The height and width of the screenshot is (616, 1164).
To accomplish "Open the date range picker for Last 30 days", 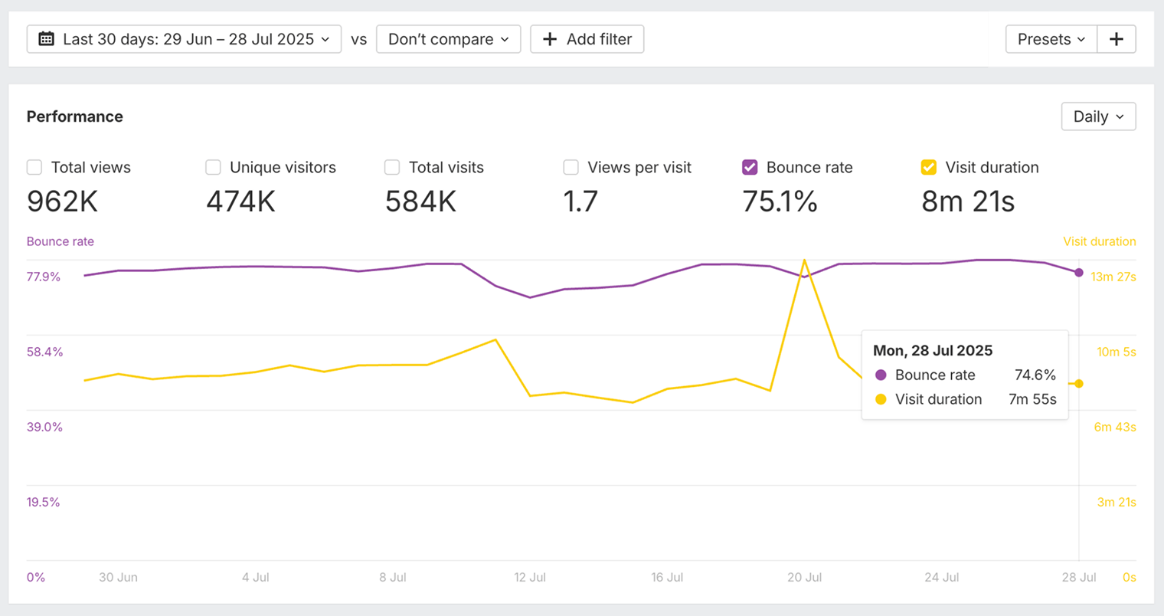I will tap(184, 39).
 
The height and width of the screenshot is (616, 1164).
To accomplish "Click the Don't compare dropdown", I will tap(448, 39).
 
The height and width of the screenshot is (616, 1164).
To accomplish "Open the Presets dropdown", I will tap(1051, 39).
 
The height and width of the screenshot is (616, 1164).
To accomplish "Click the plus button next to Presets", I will tap(1116, 39).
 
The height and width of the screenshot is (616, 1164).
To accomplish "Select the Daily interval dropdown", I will tap(1098, 116).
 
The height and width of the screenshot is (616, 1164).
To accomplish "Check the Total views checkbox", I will tap(34, 167).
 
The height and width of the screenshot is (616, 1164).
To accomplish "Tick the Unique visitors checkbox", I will tap(213, 167).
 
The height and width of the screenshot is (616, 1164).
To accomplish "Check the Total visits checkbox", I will tap(392, 167).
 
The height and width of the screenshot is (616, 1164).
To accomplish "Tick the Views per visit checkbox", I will tap(571, 167).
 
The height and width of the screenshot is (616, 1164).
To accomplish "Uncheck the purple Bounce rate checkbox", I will tap(750, 167).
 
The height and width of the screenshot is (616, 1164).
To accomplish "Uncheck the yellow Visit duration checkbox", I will tap(928, 167).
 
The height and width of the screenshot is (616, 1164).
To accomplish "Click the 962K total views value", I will tap(62, 202).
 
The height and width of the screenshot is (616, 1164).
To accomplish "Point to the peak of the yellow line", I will tap(804, 260).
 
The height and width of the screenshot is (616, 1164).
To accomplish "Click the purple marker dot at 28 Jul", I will tap(1079, 273).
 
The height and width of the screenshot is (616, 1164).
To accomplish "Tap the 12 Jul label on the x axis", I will tap(530, 577).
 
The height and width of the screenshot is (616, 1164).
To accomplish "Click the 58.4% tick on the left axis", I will tap(44, 352).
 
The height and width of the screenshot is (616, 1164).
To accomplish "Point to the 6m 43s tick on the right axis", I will tap(1114, 427).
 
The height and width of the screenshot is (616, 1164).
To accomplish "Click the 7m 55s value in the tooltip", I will tap(1032, 399).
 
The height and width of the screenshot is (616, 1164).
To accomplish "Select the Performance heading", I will tap(75, 116).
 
